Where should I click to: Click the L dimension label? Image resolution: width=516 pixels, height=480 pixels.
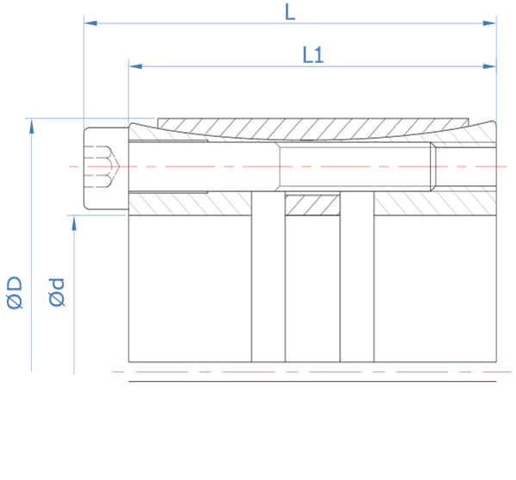[290, 12]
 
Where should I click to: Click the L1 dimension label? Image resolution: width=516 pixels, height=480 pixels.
[313, 55]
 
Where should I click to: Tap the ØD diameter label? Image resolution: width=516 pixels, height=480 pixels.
[15, 293]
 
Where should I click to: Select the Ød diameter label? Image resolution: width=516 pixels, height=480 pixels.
[57, 293]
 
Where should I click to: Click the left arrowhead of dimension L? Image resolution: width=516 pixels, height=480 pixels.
[90, 23]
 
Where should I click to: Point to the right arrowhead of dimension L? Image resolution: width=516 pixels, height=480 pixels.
[489, 23]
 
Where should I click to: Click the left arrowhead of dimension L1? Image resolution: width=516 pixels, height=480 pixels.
[135, 66]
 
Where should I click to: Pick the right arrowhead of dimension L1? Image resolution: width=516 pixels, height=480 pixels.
[489, 66]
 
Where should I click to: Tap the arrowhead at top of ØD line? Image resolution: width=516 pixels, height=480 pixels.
[32, 127]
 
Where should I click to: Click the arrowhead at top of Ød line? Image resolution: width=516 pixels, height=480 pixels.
[74, 223]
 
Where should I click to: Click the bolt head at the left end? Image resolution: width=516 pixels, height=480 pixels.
[106, 168]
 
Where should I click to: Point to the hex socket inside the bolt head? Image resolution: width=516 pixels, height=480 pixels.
[102, 166]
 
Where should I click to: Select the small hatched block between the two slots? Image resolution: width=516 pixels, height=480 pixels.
[313, 205]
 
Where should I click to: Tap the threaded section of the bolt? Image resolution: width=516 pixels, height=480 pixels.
[355, 166]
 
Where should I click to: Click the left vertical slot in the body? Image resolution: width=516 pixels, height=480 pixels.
[268, 277]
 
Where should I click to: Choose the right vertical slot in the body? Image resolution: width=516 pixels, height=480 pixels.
[357, 277]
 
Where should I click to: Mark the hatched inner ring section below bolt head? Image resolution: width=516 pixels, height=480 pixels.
[190, 204]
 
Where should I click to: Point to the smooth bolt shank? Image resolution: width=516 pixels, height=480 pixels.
[202, 166]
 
